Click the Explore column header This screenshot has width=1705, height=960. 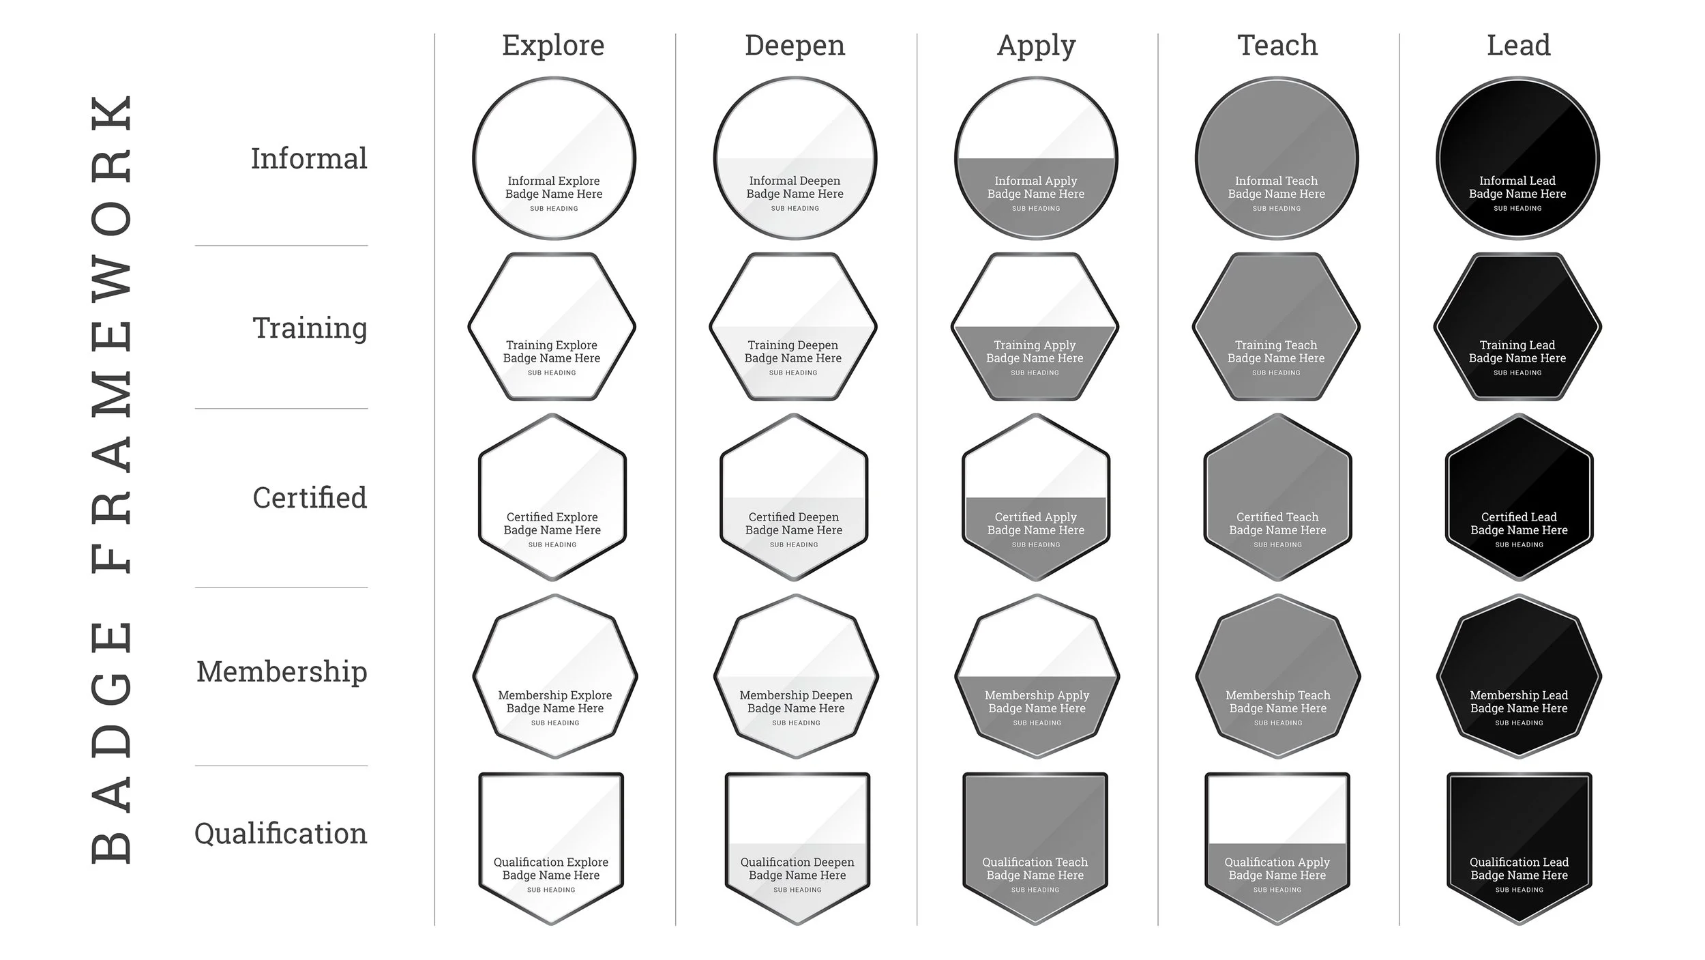pos(553,46)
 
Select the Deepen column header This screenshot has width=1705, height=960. pos(795,46)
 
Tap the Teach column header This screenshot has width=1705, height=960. pos(1277,46)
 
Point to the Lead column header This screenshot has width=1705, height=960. pos(1518,46)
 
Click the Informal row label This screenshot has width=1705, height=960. pos(309,158)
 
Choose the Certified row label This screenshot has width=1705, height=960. pos(310,497)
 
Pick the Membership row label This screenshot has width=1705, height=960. pos(282,671)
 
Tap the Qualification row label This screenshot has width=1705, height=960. pos(280,833)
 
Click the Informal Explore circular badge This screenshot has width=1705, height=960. pos(554,158)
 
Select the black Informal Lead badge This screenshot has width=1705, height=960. pos(1517,158)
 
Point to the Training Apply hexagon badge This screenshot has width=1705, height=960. pos(1035,327)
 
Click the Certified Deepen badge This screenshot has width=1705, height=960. pos(794,497)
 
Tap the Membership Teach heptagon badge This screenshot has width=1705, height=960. pos(1277,676)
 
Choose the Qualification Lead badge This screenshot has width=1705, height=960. pos(1519,848)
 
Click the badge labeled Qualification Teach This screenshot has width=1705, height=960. pos(1035,848)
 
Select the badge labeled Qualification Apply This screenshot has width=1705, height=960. pos(1277,848)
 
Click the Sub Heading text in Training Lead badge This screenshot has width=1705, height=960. pos(1517,373)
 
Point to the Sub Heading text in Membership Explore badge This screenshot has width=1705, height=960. pos(555,723)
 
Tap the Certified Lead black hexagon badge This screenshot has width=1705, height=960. pos(1519,497)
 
